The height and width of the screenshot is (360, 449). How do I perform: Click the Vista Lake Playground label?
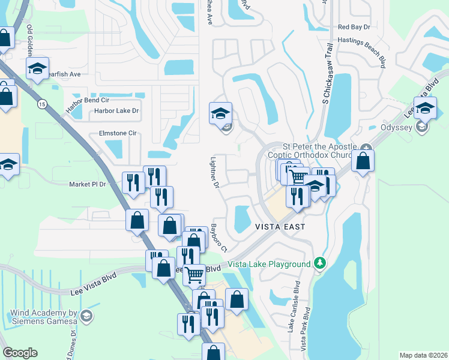coord(270,264)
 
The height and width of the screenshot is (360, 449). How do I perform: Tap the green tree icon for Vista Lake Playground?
coord(321,264)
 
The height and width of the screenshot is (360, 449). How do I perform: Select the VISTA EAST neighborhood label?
coord(280,227)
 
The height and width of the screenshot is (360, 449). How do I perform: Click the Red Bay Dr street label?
coord(355,27)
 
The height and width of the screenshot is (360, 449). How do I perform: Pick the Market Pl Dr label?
coord(88,184)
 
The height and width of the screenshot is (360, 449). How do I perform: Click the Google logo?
coord(20,353)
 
